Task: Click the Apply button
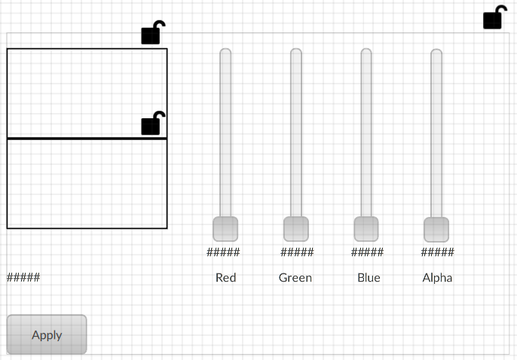(x=47, y=334)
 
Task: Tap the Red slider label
(x=225, y=278)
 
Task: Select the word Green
(x=295, y=278)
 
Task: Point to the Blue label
(x=369, y=278)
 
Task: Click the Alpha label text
(x=437, y=278)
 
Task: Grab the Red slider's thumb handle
(x=225, y=229)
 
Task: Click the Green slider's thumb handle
(x=296, y=229)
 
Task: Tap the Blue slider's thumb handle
(x=366, y=229)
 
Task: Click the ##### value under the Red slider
(x=223, y=252)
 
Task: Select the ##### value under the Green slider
(x=297, y=252)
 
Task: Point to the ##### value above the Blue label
(x=367, y=252)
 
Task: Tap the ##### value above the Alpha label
(x=437, y=252)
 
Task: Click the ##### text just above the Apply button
(x=23, y=277)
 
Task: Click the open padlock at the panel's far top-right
(x=494, y=17)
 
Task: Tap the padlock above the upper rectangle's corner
(x=152, y=33)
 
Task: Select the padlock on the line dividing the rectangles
(x=152, y=124)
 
